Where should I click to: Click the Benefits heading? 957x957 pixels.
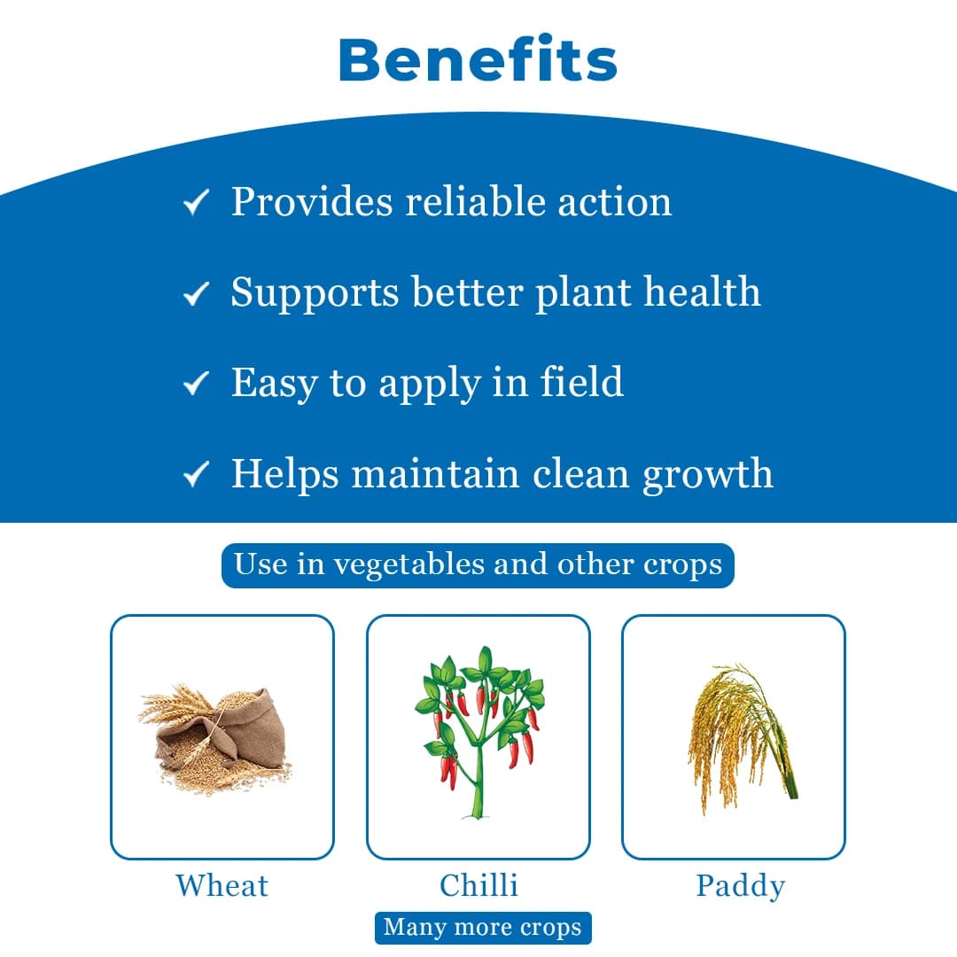pos(478,61)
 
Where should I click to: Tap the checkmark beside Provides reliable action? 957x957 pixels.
pos(195,205)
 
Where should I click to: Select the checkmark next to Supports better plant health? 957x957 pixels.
pos(195,294)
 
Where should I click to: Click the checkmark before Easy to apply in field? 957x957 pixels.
pos(195,385)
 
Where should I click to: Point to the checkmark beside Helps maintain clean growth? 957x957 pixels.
pos(195,476)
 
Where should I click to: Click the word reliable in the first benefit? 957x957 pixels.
pos(476,201)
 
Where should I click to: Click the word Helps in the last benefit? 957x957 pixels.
pos(284,473)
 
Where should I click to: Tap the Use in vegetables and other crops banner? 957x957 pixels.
pos(478,565)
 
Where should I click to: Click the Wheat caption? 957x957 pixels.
pos(222,885)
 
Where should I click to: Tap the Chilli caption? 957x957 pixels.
pos(478,885)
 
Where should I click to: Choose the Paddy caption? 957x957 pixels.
pos(740,886)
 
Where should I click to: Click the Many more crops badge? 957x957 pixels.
pos(483,928)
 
